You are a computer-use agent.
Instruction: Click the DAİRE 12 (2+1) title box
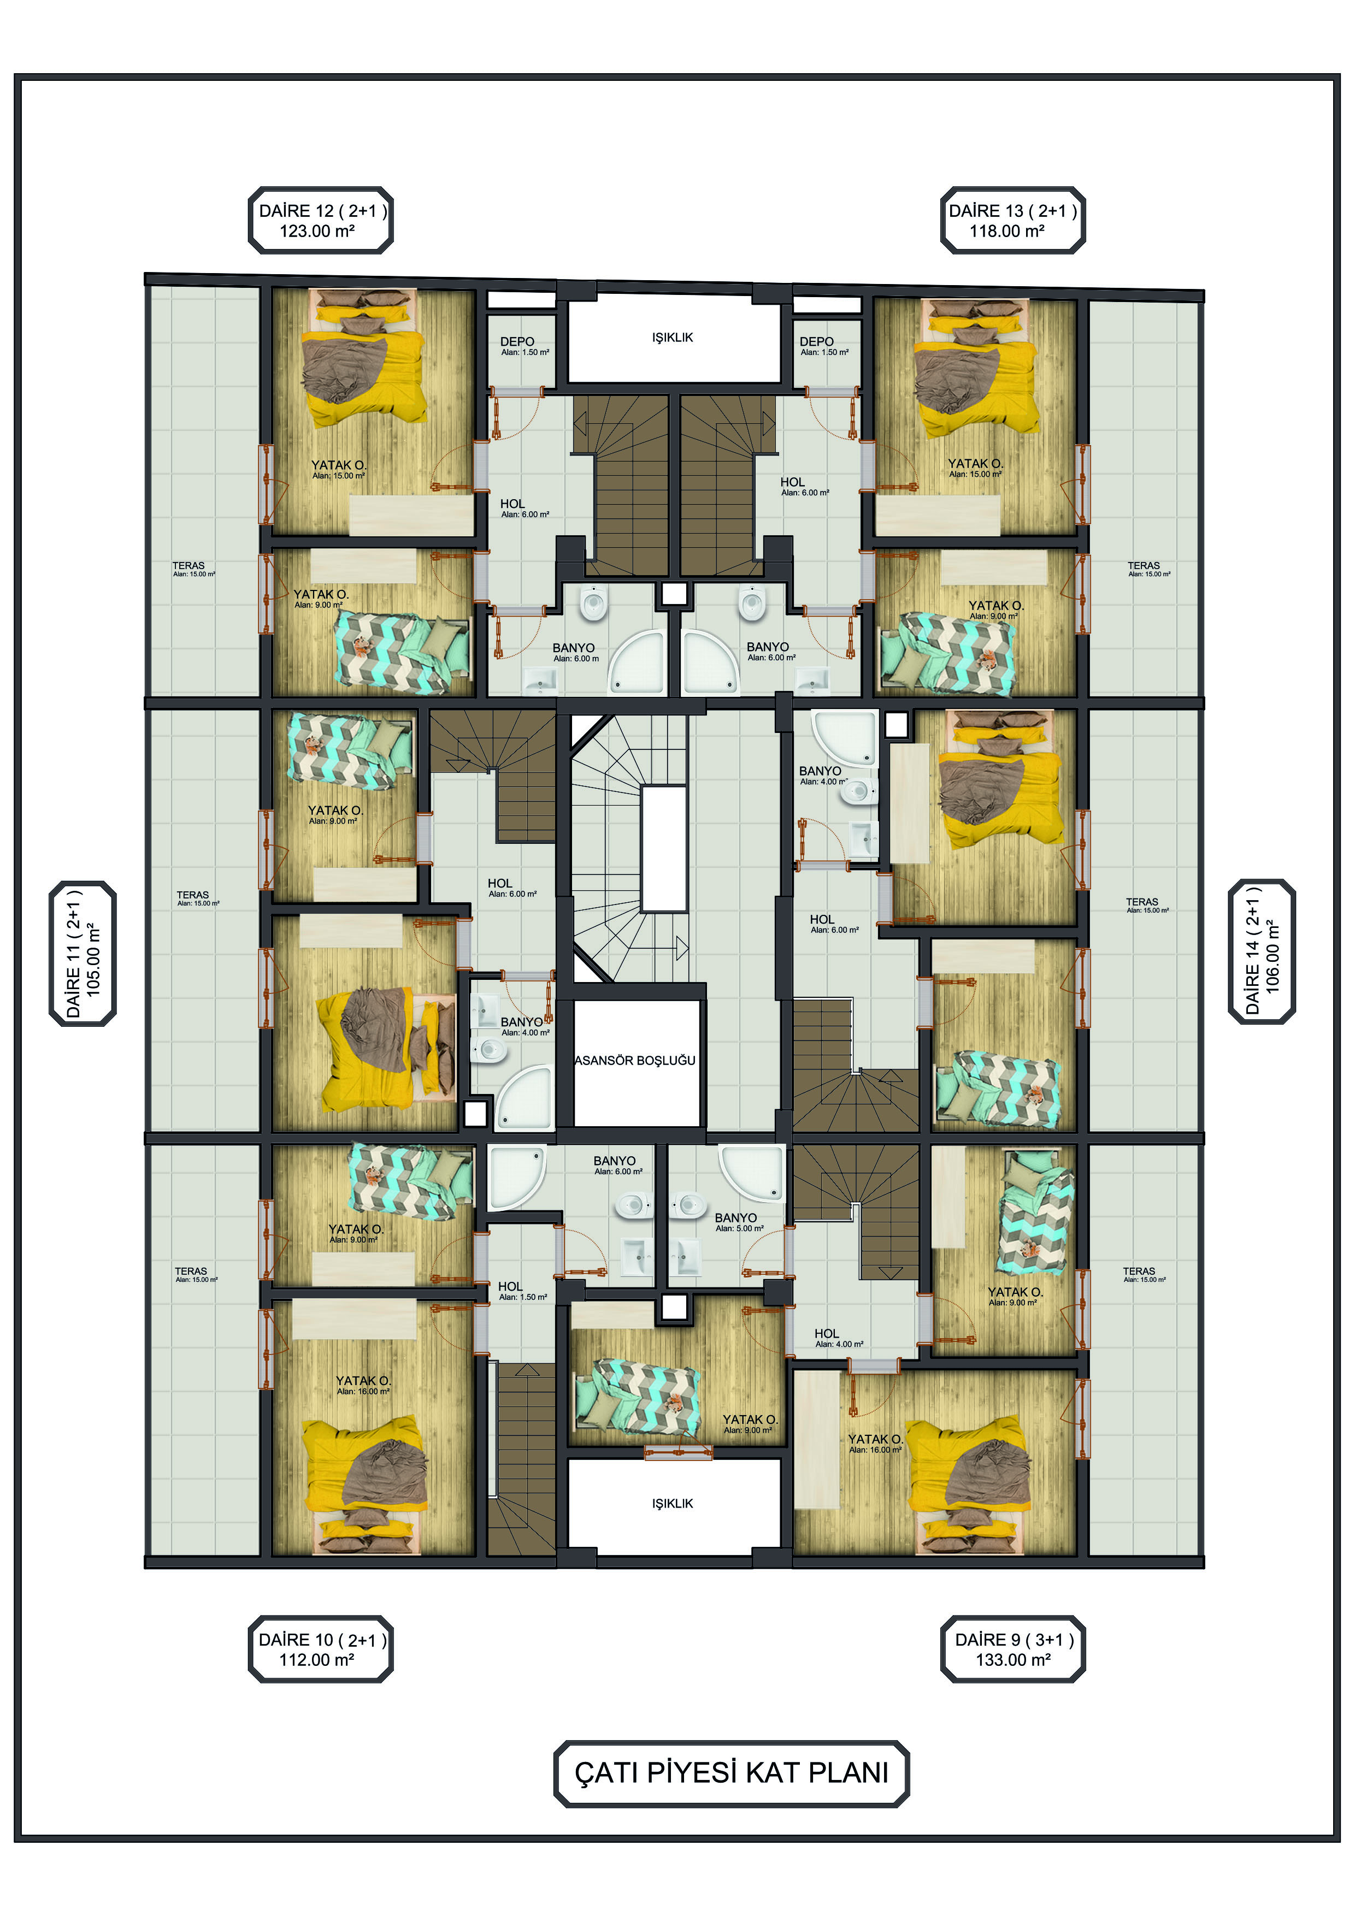coord(321,220)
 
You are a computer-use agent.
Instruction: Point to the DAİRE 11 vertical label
coord(83,953)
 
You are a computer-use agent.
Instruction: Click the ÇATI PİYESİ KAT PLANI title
coord(732,1772)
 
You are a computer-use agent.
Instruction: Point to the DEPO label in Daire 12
coord(523,346)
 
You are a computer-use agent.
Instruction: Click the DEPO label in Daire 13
coord(823,346)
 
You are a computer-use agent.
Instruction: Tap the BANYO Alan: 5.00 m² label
coord(739,1222)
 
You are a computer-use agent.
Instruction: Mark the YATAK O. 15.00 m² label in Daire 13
coord(975,468)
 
